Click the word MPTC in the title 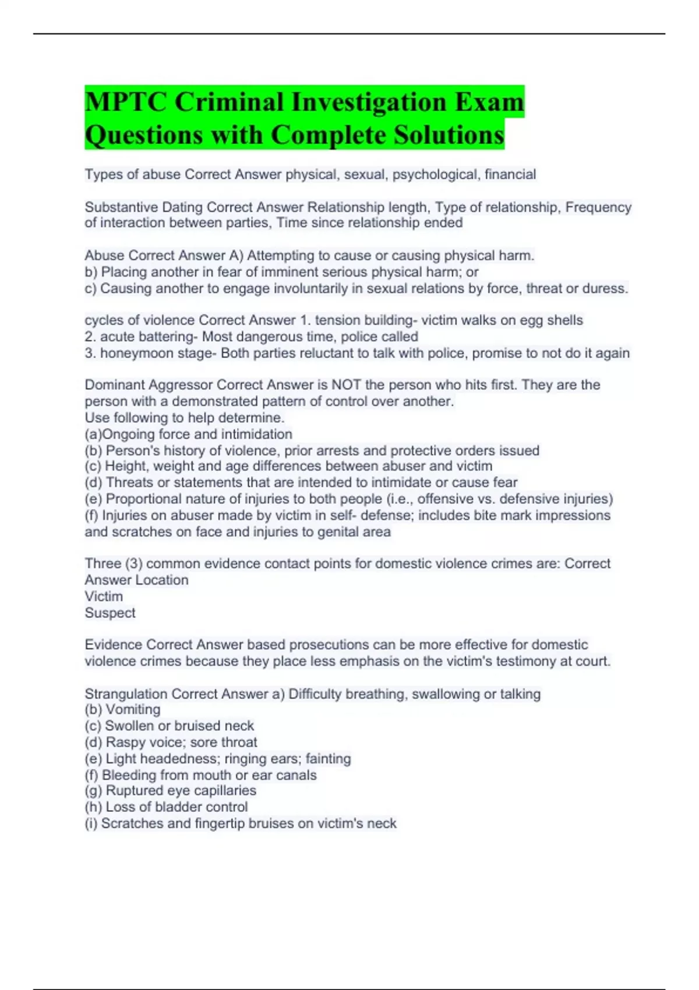125,102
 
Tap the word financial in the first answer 510,174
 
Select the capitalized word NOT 346,385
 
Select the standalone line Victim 104,596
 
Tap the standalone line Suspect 110,613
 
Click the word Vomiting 133,709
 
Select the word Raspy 123,742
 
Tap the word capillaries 224,790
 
